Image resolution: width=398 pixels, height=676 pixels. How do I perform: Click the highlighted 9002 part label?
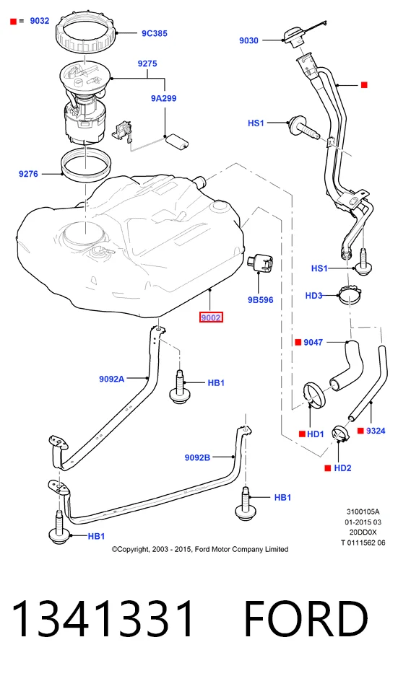click(x=211, y=317)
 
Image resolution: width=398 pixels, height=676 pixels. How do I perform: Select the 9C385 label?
click(x=155, y=33)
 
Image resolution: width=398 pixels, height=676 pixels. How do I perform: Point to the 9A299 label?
click(x=163, y=98)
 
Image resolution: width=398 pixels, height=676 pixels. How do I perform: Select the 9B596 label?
click(x=260, y=300)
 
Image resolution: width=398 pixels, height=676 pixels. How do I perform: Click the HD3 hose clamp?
click(x=350, y=294)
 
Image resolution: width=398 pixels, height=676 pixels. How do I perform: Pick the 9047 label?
click(x=313, y=342)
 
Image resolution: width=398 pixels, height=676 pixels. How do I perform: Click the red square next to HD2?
click(x=328, y=468)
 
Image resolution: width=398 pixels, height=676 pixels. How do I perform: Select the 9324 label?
click(x=376, y=431)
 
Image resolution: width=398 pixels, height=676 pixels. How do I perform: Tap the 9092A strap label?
click(x=111, y=379)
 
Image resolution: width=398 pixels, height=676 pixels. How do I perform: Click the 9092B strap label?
click(x=197, y=457)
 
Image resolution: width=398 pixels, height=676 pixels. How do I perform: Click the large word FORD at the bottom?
click(x=306, y=620)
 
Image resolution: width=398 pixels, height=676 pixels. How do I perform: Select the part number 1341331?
click(x=103, y=620)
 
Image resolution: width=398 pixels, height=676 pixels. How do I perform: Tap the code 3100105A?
click(x=363, y=512)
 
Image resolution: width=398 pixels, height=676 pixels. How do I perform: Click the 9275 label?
click(x=147, y=63)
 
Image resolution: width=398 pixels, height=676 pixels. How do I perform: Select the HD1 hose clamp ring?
click(x=315, y=395)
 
